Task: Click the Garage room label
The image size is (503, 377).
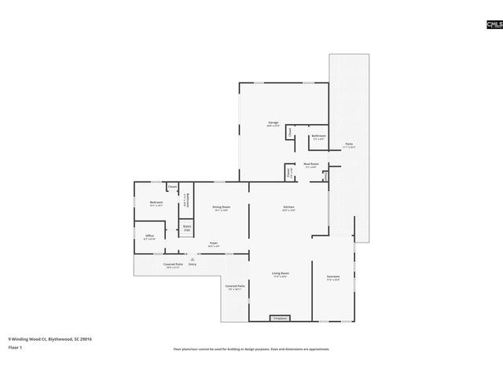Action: coord(274,123)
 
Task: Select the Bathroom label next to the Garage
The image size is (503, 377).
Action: coord(318,137)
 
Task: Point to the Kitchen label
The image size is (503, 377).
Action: coord(288,208)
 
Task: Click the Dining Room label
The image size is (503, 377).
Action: coord(221,208)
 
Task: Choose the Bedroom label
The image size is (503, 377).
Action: coord(156,203)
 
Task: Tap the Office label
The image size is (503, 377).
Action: coord(149,236)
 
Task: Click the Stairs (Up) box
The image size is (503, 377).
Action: coord(187,228)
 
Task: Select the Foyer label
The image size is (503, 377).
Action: coord(213,244)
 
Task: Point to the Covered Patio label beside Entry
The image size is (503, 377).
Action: coord(173,265)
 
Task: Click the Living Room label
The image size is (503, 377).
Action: coord(280,275)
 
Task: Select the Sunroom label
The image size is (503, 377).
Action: coord(333,278)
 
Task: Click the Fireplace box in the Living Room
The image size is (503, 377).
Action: coord(280,318)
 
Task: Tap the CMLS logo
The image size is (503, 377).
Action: coord(494,25)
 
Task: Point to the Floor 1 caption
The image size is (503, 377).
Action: coord(16,347)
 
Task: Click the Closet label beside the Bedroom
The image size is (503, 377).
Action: coord(172,187)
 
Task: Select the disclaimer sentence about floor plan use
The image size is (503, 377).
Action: coord(251,349)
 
